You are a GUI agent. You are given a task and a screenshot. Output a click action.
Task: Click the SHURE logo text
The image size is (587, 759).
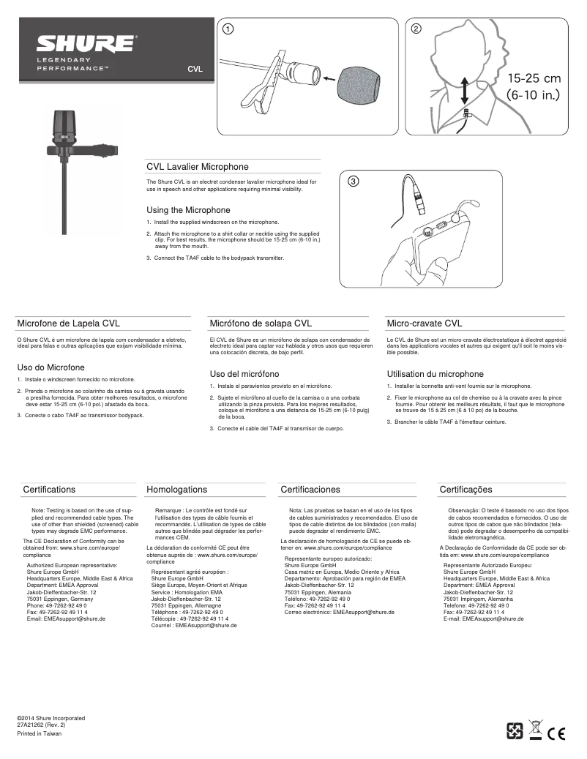pos(86,42)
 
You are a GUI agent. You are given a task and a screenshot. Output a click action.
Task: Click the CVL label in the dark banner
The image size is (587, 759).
pos(195,70)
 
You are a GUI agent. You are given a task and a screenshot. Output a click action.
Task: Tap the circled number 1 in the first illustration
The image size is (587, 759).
pos(228,29)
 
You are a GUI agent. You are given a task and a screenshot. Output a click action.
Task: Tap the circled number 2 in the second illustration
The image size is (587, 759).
pos(416,29)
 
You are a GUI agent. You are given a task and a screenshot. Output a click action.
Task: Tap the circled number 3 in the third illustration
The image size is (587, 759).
pos(353,182)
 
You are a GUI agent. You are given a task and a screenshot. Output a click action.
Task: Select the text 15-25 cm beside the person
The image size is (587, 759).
pos(534,78)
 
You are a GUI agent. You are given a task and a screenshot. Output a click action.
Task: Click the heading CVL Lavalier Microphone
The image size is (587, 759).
pos(198,167)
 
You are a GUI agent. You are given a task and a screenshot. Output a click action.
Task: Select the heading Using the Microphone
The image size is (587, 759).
pos(188,210)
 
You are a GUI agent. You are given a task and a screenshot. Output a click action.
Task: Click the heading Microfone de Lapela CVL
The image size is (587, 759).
pos(69,323)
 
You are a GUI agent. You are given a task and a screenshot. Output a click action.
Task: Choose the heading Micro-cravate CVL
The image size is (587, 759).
pos(424,323)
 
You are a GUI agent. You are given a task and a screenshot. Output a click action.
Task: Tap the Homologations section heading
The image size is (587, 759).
pos(177,489)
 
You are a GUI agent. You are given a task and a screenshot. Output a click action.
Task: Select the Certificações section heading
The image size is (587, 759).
pos(466,489)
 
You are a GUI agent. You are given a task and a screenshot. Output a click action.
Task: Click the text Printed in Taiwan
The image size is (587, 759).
pos(40,733)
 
